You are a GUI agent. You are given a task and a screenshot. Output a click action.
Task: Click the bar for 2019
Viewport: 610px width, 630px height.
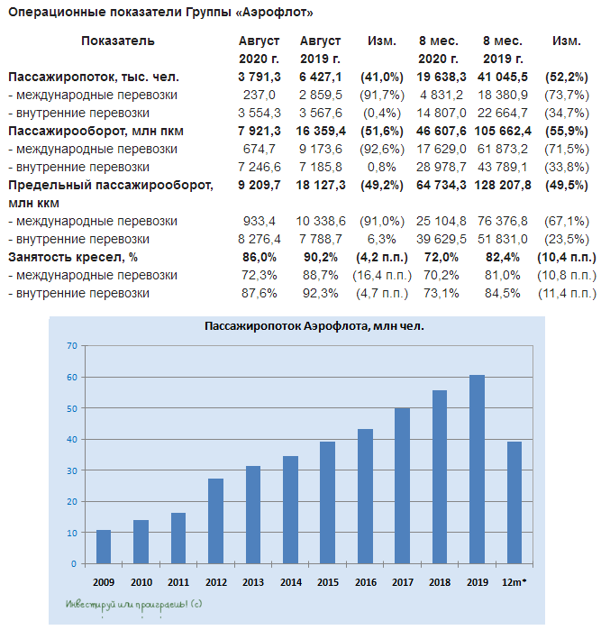pos(477,469)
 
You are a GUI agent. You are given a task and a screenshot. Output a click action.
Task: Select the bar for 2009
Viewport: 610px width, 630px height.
pos(104,547)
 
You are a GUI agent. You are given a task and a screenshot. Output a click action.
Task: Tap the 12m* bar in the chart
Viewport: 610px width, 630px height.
pos(514,502)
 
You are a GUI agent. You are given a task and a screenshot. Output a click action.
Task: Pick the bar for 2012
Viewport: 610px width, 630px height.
pos(215,521)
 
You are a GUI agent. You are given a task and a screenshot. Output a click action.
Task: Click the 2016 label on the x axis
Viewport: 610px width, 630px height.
pos(365,582)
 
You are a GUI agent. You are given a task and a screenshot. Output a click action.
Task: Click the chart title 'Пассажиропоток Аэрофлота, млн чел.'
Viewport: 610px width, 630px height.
pos(314,325)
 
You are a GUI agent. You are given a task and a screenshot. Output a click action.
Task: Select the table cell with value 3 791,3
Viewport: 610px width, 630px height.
pos(259,78)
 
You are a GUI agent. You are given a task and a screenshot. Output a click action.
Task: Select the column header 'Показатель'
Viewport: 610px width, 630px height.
pos(118,41)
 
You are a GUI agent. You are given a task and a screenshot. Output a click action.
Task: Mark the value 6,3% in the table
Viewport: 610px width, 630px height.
pos(387,240)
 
